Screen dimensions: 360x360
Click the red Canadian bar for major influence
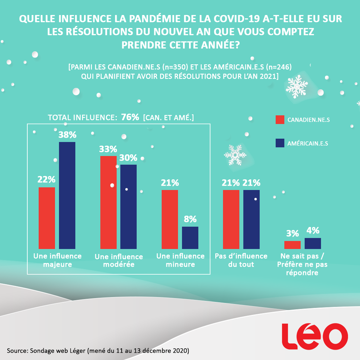point(47,218)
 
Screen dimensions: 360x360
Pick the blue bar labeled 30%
point(129,207)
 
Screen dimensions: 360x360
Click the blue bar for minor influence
point(190,238)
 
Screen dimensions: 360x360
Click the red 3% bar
point(292,245)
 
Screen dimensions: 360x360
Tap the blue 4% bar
point(313,243)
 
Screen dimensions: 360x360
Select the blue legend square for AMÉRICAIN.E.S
point(280,143)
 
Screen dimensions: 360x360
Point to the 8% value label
point(190,219)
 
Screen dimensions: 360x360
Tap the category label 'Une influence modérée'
point(119,261)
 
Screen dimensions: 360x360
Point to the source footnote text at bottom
point(98,351)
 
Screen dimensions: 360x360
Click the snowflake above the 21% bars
point(235,155)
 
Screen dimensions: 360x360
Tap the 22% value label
point(46,179)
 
